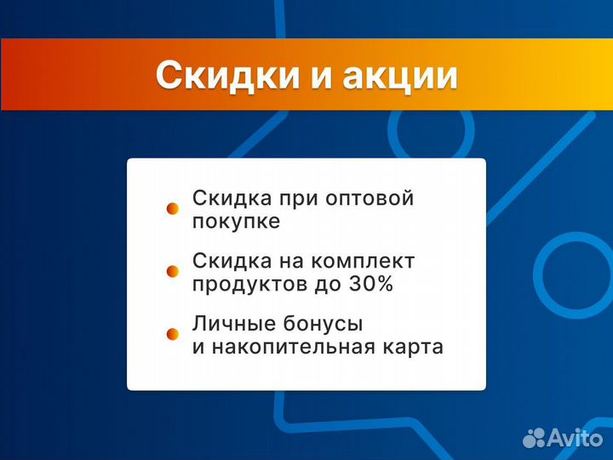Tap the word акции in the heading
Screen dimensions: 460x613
pos(399,75)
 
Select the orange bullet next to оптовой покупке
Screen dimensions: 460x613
pos(172,208)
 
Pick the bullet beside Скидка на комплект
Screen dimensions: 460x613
pos(172,271)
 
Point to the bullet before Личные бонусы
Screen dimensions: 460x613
pos(172,334)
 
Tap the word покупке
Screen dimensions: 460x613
pos(236,221)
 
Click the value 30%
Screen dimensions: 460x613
pos(371,285)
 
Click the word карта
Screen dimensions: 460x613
pos(415,348)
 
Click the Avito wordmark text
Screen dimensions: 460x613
pos(574,438)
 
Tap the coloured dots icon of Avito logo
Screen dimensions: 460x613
pos(535,438)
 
